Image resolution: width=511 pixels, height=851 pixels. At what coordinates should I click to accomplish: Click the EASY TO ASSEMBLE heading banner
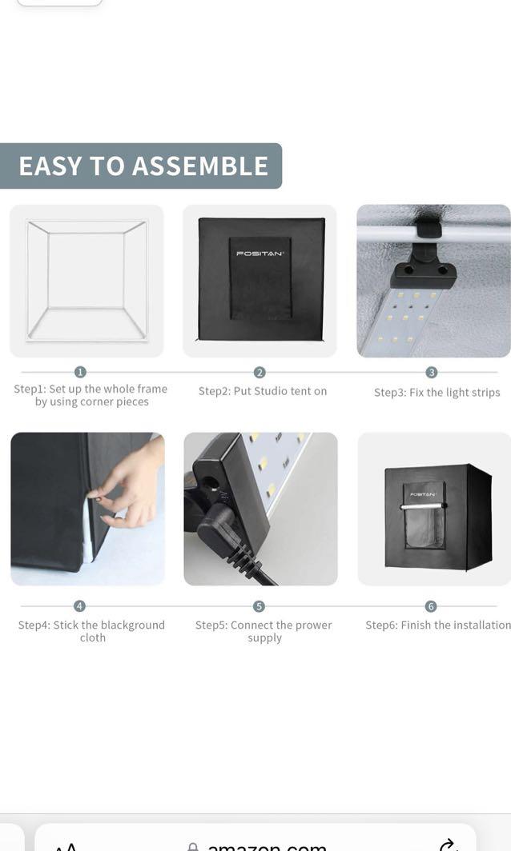click(143, 166)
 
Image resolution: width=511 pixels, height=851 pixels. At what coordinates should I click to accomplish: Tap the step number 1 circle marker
click(80, 372)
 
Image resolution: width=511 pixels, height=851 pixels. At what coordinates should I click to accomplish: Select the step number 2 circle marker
click(260, 372)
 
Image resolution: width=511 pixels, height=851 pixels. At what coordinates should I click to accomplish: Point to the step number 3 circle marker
click(432, 372)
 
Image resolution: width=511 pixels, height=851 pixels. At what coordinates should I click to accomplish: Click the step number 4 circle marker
click(80, 606)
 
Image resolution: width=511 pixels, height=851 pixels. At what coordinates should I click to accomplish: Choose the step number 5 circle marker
click(259, 606)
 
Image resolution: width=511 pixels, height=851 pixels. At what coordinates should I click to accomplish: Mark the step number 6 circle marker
click(431, 606)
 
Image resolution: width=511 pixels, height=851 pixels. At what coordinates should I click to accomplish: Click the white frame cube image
click(87, 280)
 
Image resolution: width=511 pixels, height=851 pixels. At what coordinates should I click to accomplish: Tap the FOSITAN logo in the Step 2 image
click(260, 254)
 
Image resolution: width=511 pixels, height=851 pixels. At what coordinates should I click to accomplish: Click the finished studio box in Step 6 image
click(437, 517)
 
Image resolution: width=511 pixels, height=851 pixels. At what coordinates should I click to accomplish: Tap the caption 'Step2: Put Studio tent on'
click(263, 391)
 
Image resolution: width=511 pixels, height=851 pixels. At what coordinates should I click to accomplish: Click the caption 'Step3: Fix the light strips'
click(437, 393)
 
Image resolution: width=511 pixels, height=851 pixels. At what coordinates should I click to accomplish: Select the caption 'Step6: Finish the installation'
click(437, 625)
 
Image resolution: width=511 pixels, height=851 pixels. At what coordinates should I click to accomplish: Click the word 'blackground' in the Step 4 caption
click(131, 625)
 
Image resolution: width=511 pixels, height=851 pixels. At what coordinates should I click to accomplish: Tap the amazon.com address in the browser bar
click(267, 845)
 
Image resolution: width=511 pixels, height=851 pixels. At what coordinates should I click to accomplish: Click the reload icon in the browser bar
click(449, 845)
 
